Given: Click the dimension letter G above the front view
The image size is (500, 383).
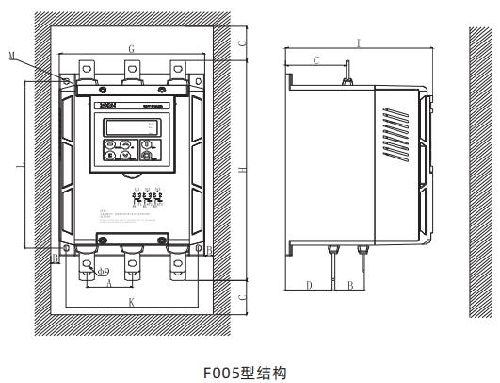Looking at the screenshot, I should click(131, 46).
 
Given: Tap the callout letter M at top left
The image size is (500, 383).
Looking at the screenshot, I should click(37, 57).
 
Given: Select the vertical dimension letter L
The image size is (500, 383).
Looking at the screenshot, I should click(21, 166).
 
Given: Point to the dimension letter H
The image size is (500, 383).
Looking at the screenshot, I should click(243, 169).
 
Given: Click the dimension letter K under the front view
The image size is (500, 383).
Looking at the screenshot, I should click(131, 301).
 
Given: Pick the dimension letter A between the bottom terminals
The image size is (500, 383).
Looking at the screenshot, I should click(109, 281).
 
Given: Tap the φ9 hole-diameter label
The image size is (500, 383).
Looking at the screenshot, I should click(94, 269).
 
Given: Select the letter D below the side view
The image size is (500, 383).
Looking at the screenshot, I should click(309, 284).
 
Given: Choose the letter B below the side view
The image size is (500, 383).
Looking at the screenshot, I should click(350, 284).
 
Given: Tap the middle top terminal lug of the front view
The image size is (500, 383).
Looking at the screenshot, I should click(131, 69).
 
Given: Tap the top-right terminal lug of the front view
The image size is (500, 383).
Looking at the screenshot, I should click(176, 69).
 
